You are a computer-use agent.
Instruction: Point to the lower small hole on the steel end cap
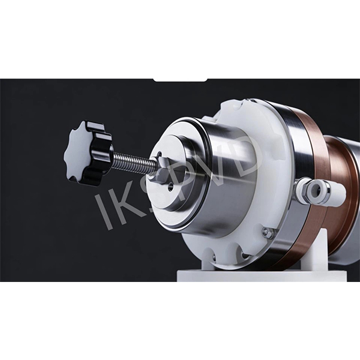(170, 186)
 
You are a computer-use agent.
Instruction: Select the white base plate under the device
(262, 276)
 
